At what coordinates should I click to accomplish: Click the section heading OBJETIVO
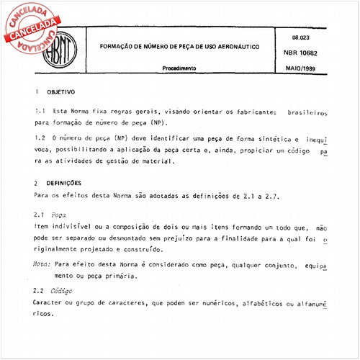coord(62,93)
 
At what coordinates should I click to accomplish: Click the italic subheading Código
coord(63,290)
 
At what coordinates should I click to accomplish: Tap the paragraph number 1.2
coord(40,139)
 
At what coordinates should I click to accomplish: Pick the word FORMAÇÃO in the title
coord(117,45)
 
